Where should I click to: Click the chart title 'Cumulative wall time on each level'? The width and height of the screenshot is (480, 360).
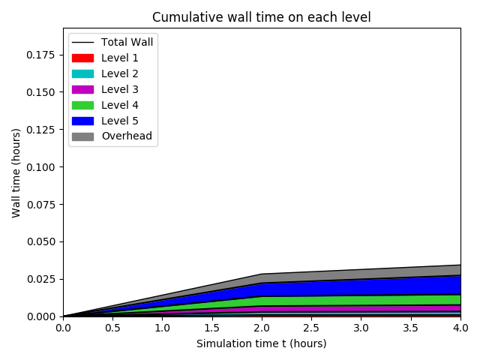pos(261,17)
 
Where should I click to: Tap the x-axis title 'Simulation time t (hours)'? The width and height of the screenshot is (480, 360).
pos(261,343)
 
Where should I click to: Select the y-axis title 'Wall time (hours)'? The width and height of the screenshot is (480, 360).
pos(16,172)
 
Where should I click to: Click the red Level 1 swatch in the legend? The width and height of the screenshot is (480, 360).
pos(83,58)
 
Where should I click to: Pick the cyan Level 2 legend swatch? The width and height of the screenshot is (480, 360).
pos(83,73)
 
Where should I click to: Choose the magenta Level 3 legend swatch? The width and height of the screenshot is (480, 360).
pos(83,89)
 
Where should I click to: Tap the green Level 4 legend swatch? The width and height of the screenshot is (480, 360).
pos(83,105)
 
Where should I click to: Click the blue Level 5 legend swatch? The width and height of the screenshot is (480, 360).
pos(83,121)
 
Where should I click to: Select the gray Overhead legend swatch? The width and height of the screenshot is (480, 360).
pos(83,136)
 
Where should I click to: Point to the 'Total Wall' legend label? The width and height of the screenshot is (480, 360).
pos(127,42)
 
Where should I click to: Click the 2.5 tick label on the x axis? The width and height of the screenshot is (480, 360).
pos(311,328)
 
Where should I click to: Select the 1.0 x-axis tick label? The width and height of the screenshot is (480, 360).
pos(162,328)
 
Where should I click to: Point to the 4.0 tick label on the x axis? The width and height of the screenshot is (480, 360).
pos(460,328)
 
